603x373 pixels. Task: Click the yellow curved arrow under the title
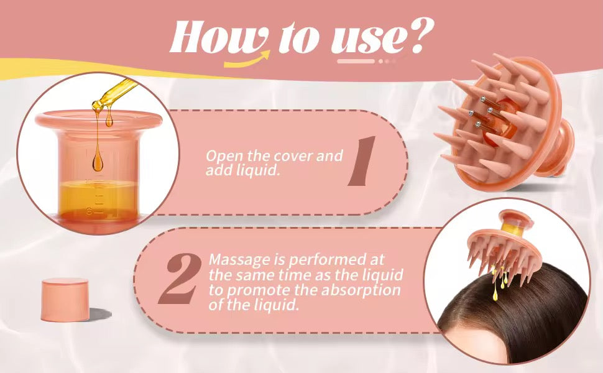point(248,60)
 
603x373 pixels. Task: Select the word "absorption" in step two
point(366,290)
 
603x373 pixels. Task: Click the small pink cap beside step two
point(64,300)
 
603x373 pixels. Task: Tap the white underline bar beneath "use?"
point(356,61)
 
